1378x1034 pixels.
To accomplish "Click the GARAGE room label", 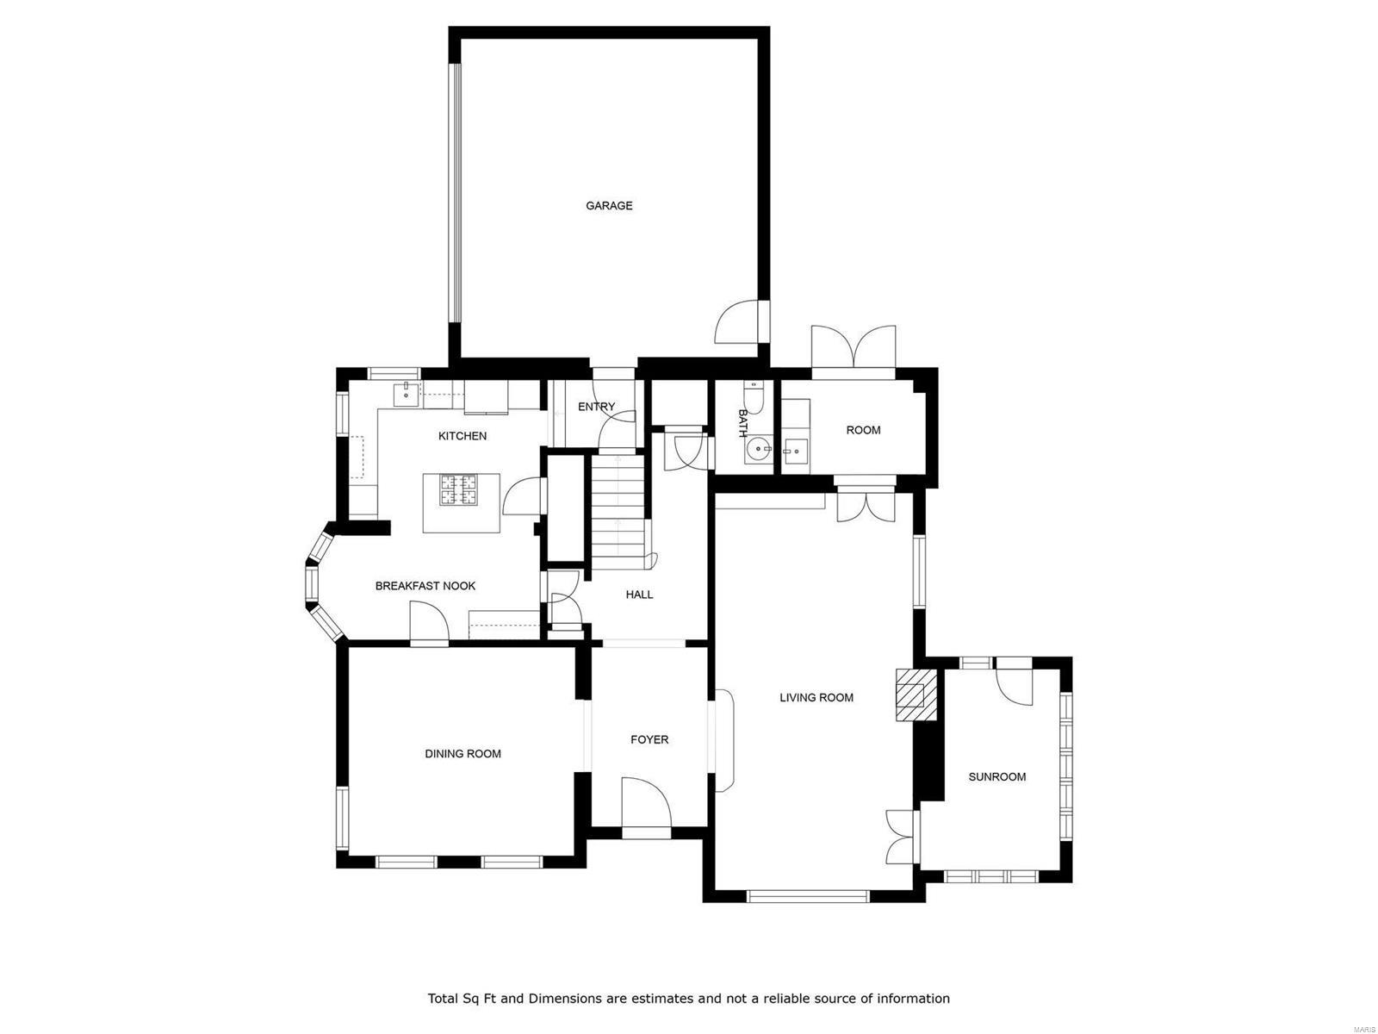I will click(x=609, y=206).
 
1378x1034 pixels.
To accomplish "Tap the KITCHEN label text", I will click(x=462, y=436).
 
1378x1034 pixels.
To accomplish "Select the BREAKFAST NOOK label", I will click(x=425, y=586).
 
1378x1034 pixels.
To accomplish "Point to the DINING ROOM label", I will click(x=462, y=754).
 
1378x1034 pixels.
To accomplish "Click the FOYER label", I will click(x=649, y=739).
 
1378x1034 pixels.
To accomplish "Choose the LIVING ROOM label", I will click(x=816, y=698).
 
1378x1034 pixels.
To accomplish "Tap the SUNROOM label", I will click(x=997, y=777).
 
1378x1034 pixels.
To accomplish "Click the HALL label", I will click(x=639, y=595).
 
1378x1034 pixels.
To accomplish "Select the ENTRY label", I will click(x=596, y=407).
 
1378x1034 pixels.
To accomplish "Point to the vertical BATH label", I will click(x=742, y=423).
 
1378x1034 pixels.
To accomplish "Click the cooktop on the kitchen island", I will click(x=460, y=489).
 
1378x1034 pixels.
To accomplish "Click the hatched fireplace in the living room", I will click(x=913, y=695).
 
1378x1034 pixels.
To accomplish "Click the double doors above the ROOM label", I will click(x=853, y=349).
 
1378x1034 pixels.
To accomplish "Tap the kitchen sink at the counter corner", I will click(x=404, y=394).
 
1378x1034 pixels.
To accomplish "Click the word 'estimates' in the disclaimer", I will click(x=661, y=999).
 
